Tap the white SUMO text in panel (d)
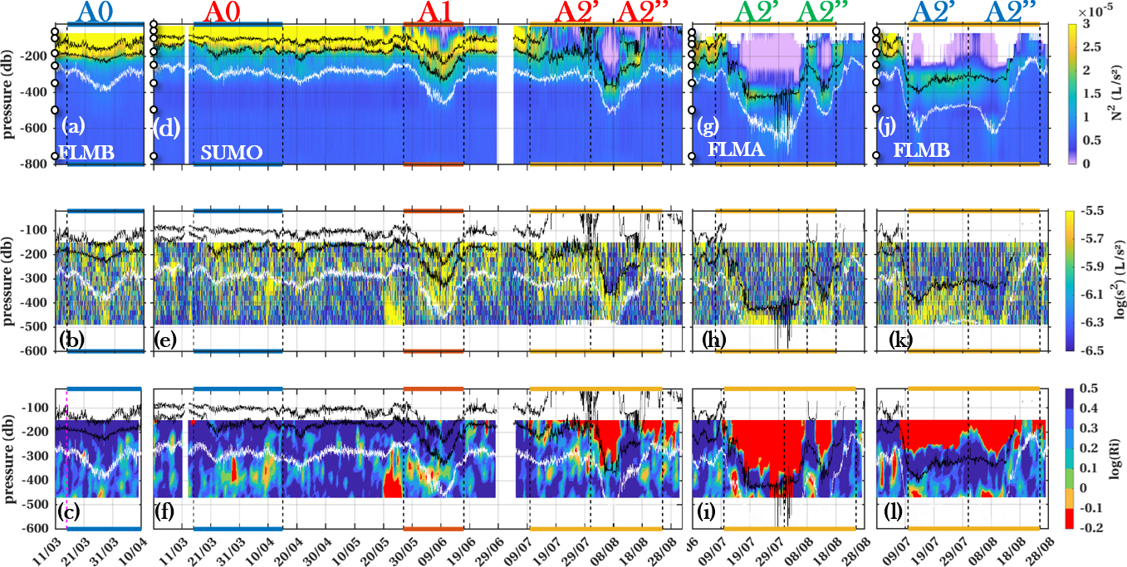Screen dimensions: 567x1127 pyautogui.click(x=232, y=153)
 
